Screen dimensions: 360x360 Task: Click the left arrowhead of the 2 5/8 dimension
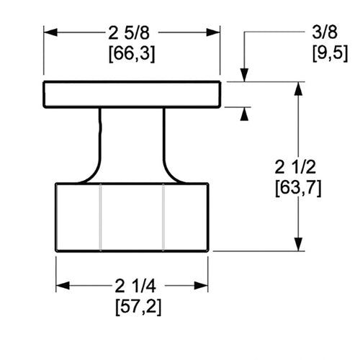pos(50,32)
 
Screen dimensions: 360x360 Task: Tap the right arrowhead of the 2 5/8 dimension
pos(213,32)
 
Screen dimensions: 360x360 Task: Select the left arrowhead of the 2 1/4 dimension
pos(63,286)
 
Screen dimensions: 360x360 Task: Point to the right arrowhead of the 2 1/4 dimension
pos(201,286)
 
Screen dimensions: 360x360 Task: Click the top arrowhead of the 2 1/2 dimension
pos(298,89)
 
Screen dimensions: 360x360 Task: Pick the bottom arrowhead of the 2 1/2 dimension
pos(298,244)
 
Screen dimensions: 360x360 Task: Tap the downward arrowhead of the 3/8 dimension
pos(244,75)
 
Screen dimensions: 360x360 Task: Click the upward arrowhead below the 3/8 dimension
pos(244,114)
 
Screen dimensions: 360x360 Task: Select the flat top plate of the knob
pos(132,94)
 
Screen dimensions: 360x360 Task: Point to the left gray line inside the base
pos(100,217)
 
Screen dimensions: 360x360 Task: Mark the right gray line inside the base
pos(163,217)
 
